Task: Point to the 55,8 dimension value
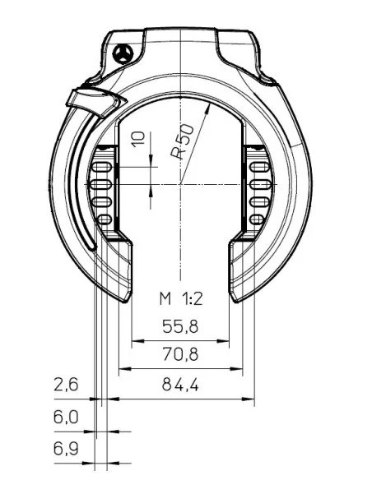click(179, 326)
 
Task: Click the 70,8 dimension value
click(179, 355)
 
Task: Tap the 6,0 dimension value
click(65, 418)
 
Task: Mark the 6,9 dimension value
click(65, 450)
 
